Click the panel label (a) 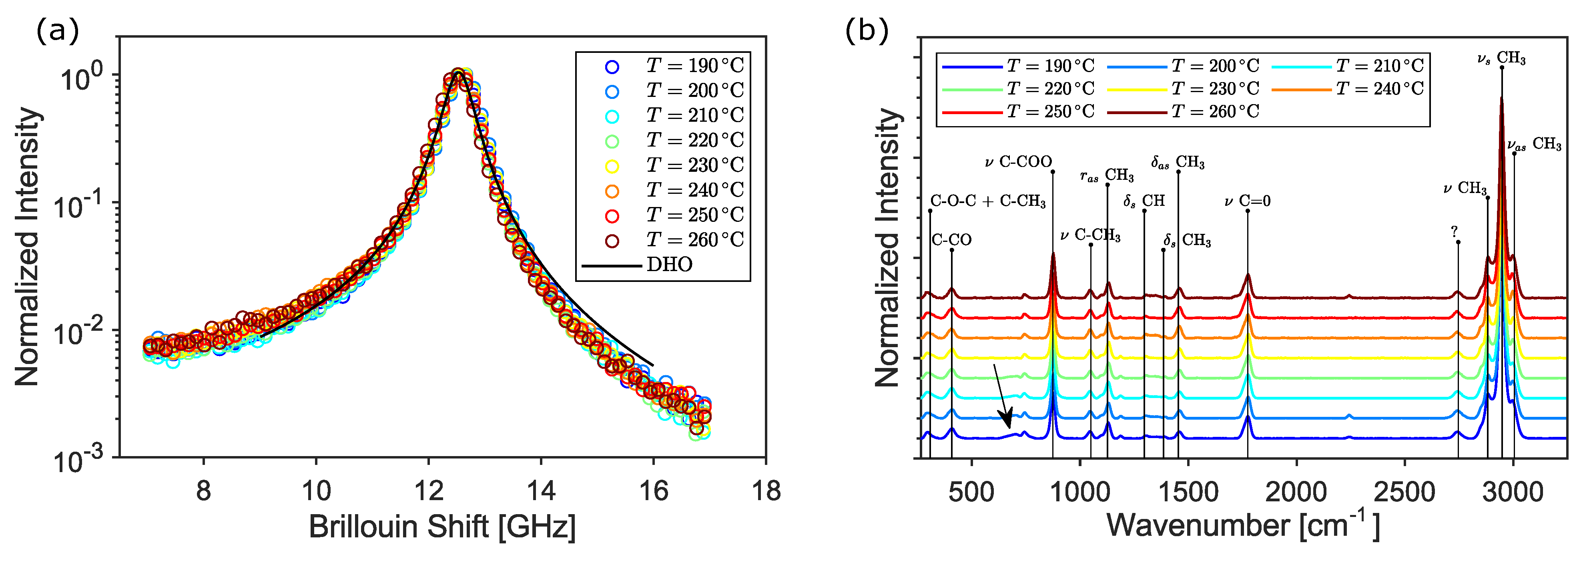pos(58,31)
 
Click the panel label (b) pos(867,31)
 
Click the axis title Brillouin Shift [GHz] pos(442,527)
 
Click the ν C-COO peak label pos(1018,162)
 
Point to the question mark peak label pos(1454,232)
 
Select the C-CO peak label pos(951,240)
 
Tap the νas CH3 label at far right pos(1534,145)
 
